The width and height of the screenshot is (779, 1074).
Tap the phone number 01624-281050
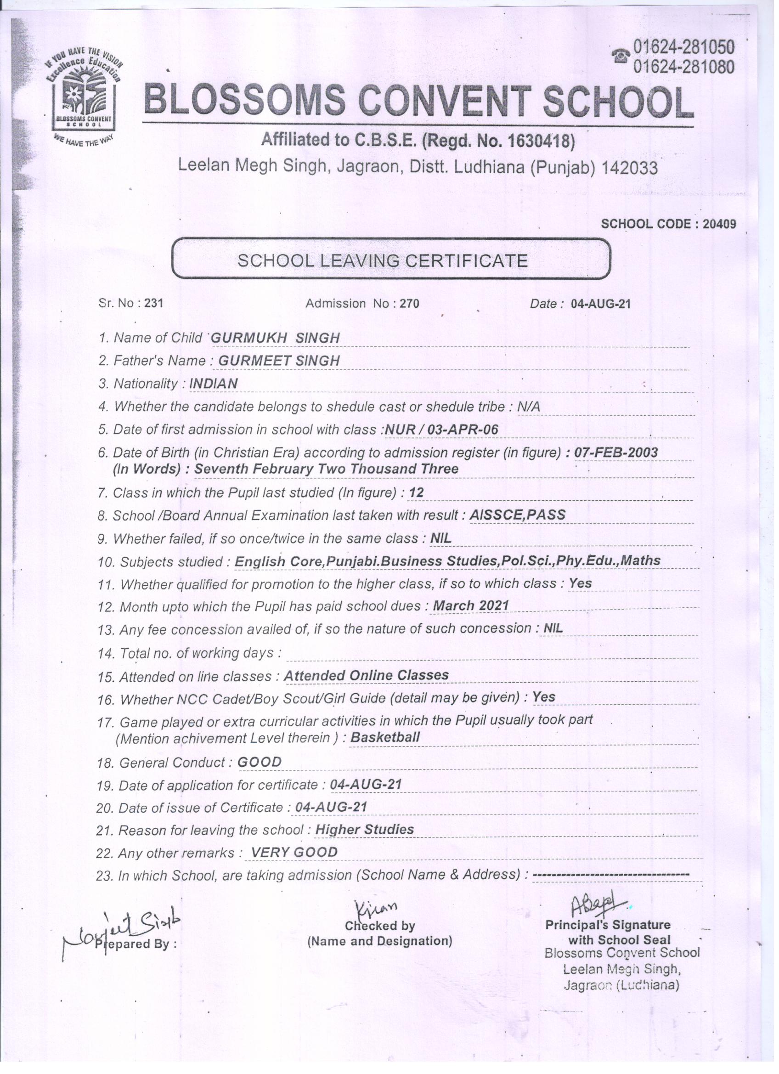click(683, 47)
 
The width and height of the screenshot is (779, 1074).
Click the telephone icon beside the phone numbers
click(621, 57)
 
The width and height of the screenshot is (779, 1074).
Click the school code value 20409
click(719, 224)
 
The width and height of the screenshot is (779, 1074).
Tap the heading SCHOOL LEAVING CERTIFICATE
click(383, 260)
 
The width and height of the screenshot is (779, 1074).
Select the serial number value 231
click(153, 304)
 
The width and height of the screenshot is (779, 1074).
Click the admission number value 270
click(410, 304)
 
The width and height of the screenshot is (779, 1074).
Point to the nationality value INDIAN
click(214, 384)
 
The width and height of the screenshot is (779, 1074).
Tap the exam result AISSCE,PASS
click(517, 515)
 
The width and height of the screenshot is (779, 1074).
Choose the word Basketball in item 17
click(385, 737)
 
